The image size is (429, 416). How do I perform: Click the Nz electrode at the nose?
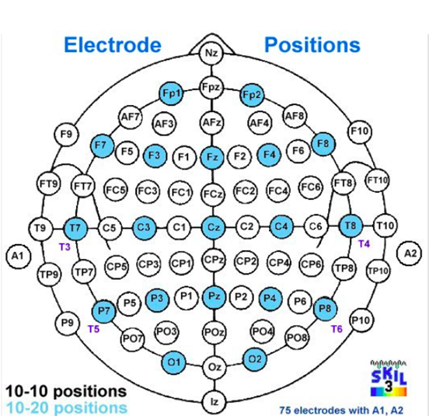211,53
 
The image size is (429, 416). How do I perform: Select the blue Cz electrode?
214,227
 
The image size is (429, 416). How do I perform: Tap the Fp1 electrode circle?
171,93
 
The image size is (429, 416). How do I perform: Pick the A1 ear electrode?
18,256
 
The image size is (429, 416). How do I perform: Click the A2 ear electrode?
410,253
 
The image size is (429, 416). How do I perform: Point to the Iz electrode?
214,401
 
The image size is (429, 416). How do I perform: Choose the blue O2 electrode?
255,358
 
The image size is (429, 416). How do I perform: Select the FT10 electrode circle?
378,180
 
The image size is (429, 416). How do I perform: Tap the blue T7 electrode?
75,228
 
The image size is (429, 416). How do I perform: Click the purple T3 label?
65,247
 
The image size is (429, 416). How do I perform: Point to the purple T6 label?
337,329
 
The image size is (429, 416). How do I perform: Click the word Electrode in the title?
113,45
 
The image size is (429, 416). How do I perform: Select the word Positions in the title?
312,45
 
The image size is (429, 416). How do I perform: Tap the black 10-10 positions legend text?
66,391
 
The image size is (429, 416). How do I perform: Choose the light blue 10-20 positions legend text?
67,407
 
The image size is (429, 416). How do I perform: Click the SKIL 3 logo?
389,378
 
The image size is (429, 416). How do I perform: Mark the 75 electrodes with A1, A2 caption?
341,411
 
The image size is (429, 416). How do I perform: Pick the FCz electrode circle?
213,194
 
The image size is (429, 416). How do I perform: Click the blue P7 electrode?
103,311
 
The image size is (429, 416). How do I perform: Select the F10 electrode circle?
360,131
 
